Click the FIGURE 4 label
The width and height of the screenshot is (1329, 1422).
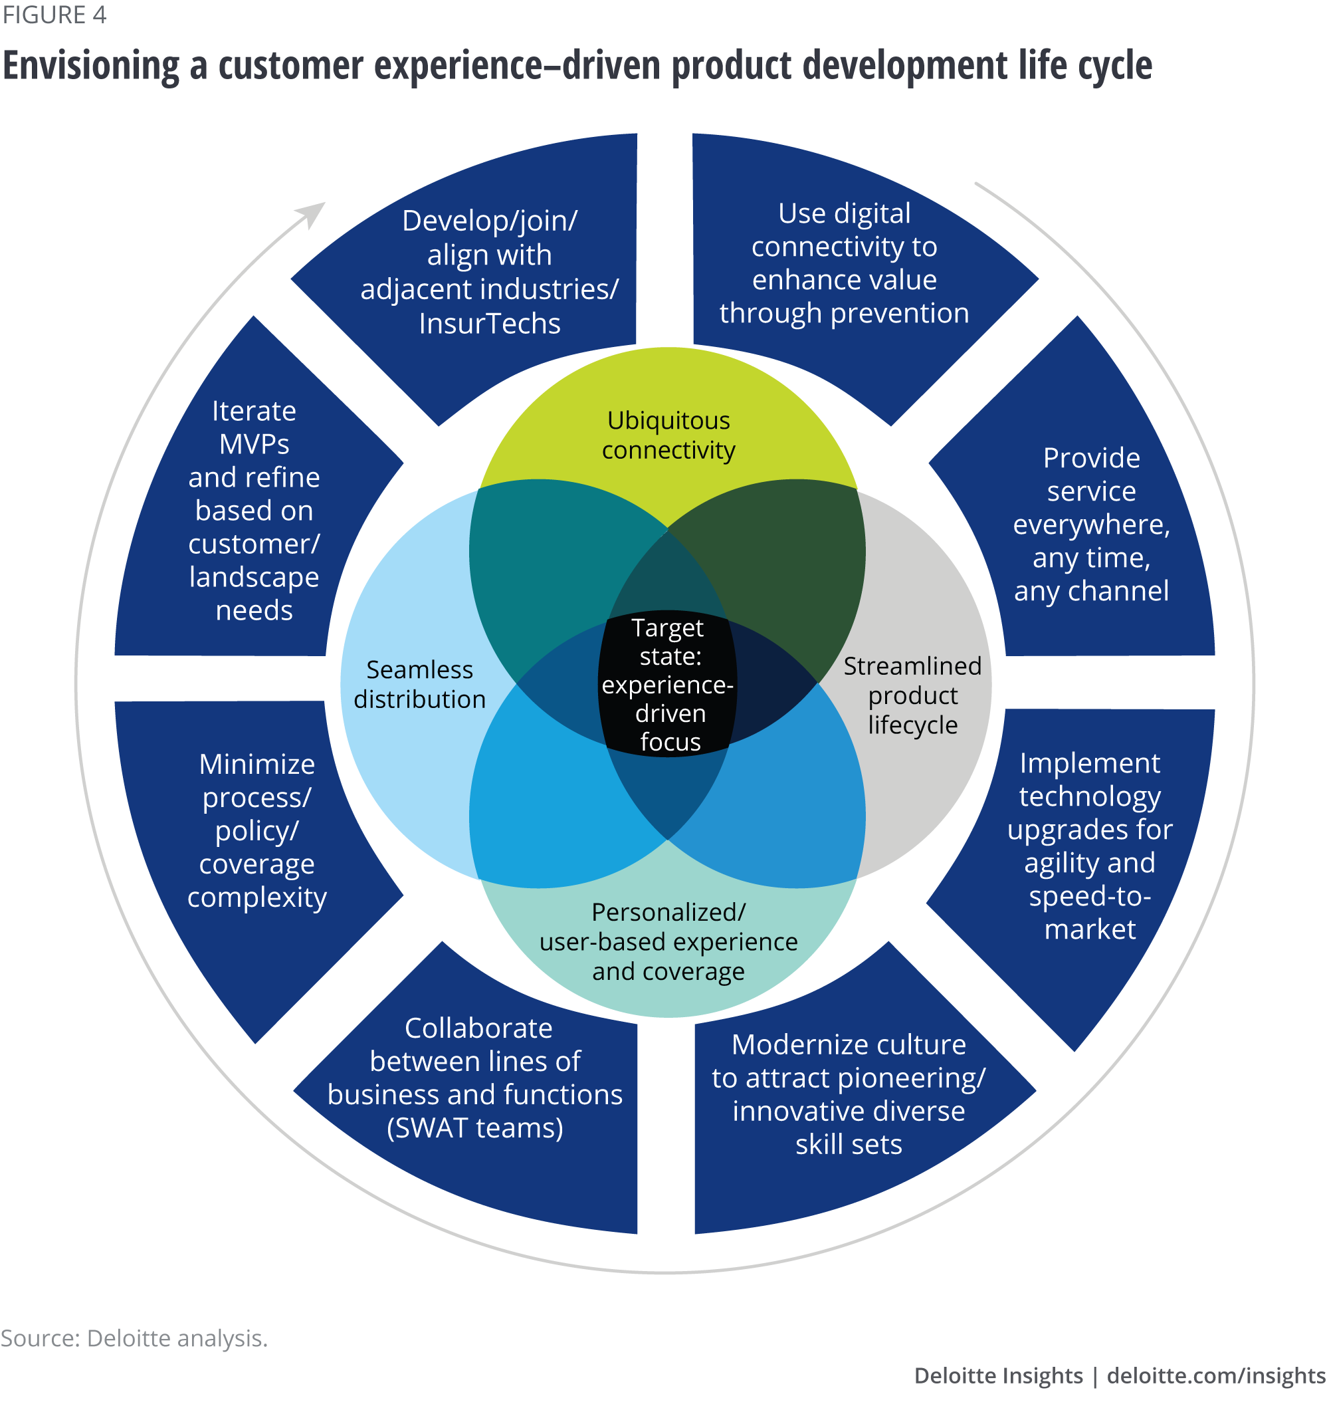[54, 15]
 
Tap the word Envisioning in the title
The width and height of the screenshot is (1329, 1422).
[91, 66]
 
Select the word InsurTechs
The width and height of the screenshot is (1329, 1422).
[489, 324]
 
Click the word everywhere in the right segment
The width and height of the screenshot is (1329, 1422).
[1090, 525]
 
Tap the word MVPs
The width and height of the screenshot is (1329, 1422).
[254, 444]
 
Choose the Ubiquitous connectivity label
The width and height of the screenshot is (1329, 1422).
[668, 435]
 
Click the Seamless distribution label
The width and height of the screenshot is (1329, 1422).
[420, 684]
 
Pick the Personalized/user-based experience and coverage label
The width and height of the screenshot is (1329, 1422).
[668, 941]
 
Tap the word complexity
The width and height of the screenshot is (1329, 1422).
[256, 897]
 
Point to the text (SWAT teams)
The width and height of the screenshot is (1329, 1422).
[474, 1128]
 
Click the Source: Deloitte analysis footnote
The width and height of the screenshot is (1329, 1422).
[134, 1338]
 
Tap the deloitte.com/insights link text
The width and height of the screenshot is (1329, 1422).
[1215, 1376]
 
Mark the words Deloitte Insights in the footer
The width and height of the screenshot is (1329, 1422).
[997, 1376]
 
